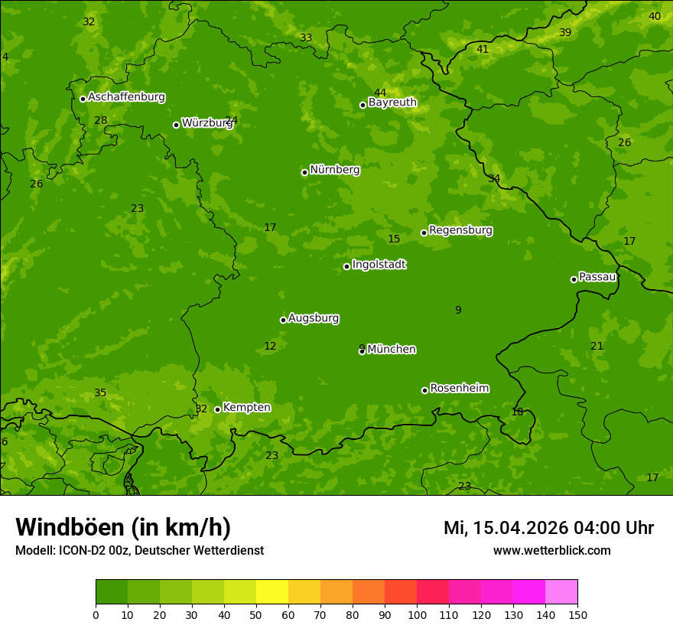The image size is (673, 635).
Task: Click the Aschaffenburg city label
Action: [x=126, y=97]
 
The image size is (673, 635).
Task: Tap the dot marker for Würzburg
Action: [x=176, y=125]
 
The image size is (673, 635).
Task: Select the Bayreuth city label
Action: [x=392, y=103]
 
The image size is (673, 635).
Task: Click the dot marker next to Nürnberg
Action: [x=304, y=172]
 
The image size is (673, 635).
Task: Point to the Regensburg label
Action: [x=460, y=230]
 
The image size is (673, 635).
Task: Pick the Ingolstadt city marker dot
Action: [x=346, y=266]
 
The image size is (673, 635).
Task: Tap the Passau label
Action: [x=597, y=277]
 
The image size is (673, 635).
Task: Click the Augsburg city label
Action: [x=314, y=318]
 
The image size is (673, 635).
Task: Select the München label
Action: [x=392, y=350]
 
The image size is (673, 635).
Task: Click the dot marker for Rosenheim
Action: [x=424, y=390]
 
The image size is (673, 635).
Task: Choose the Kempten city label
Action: [x=246, y=408]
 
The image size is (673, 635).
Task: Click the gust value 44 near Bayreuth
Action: [x=380, y=93]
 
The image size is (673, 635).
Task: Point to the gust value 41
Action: [x=483, y=49]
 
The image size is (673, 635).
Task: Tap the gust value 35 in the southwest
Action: [x=100, y=392]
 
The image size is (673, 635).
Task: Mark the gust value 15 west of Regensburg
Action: [x=394, y=239]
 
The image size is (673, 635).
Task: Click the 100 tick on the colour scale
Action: [x=417, y=614]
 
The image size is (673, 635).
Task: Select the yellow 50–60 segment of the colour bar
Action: [x=272, y=592]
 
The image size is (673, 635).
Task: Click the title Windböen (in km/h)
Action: [x=123, y=527]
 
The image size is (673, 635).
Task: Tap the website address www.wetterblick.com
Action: [x=551, y=551]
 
